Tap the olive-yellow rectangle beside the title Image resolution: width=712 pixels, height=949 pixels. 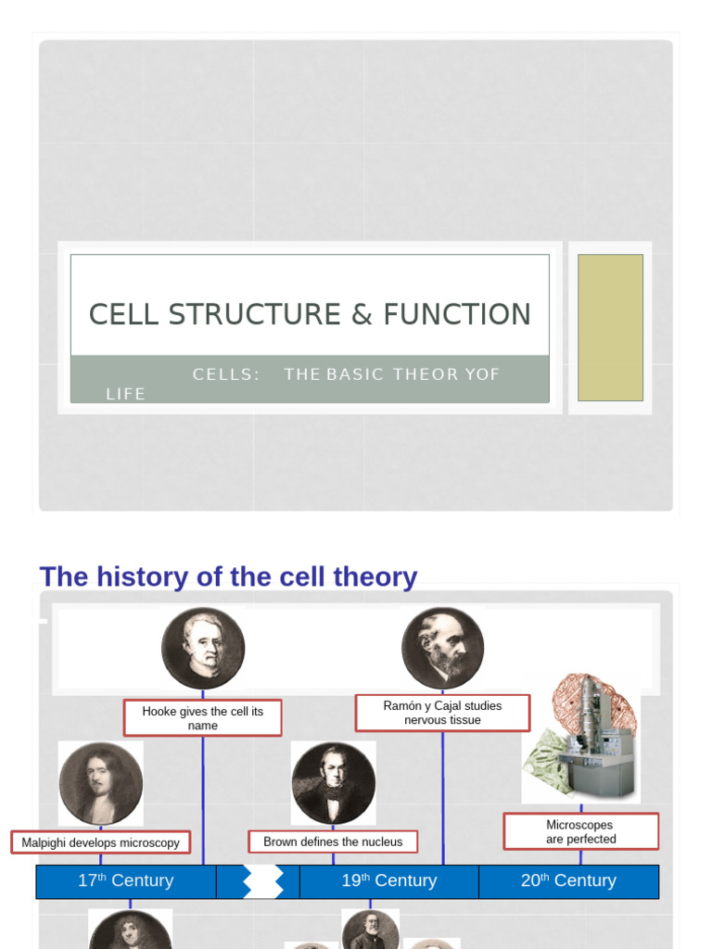click(x=610, y=327)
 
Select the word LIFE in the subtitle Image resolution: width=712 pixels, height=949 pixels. click(x=126, y=394)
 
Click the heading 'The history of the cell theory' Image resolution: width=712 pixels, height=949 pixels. click(x=228, y=576)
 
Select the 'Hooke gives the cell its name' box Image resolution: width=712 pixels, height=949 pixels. click(x=202, y=718)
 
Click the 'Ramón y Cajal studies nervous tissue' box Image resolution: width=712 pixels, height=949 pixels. click(x=442, y=713)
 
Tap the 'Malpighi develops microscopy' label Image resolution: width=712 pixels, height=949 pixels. click(x=101, y=842)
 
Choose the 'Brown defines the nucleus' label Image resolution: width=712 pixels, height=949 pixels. click(x=333, y=841)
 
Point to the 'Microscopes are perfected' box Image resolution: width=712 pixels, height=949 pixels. click(x=580, y=831)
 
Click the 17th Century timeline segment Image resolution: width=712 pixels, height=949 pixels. click(x=125, y=880)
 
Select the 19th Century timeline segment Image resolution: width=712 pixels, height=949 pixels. click(x=388, y=880)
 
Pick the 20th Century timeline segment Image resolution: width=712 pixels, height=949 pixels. click(x=568, y=880)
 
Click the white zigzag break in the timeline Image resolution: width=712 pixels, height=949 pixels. click(x=263, y=881)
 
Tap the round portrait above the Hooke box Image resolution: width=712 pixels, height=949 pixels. click(x=203, y=648)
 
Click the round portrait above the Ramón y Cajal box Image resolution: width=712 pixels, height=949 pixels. click(x=443, y=648)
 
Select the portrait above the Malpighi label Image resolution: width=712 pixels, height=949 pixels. click(x=100, y=784)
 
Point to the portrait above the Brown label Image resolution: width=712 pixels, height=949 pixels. click(x=333, y=783)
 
